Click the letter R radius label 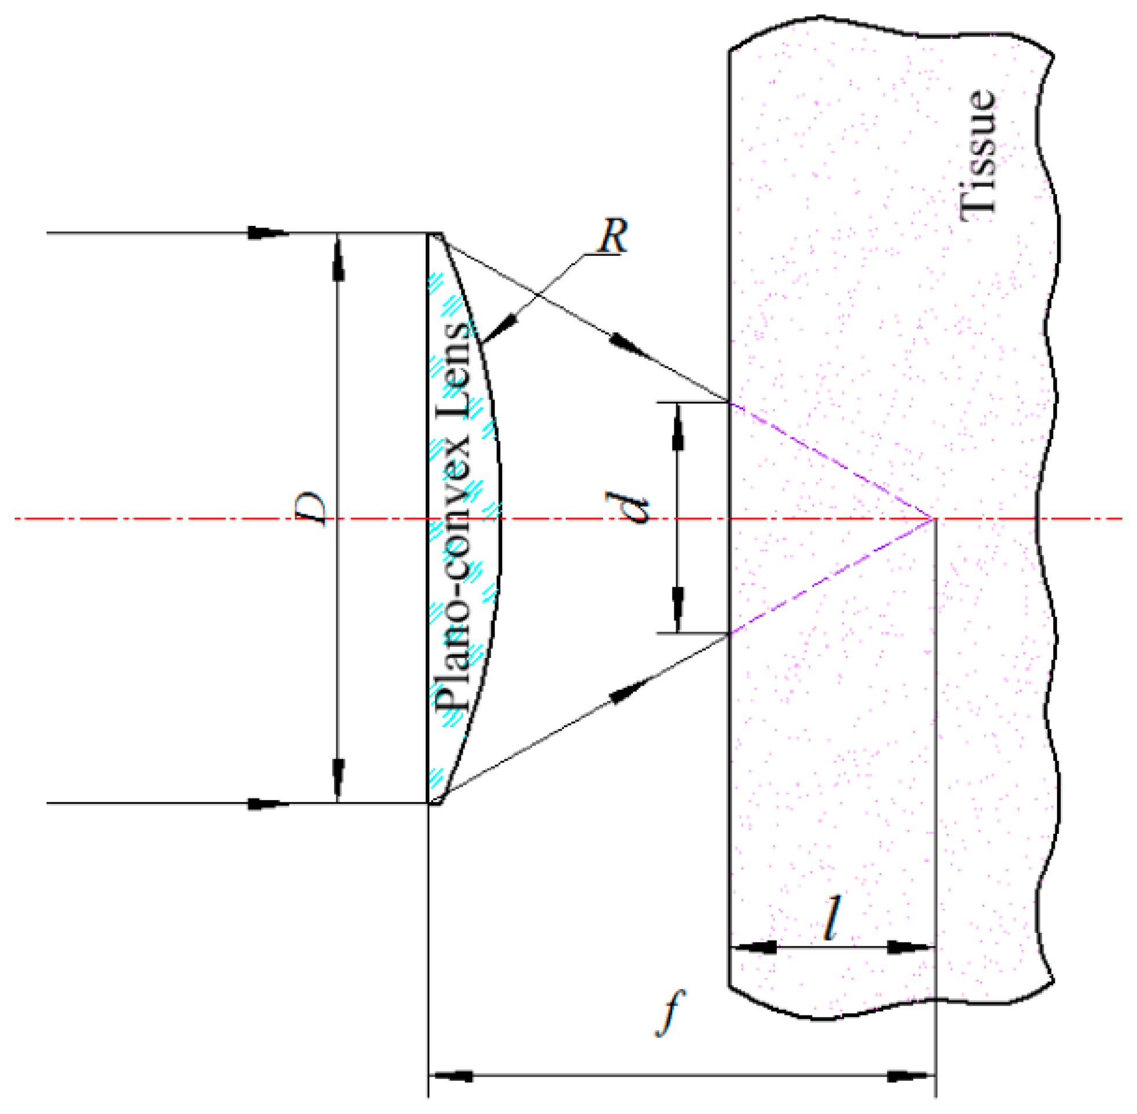click(612, 237)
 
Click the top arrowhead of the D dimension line click(338, 261)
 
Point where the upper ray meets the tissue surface click(729, 402)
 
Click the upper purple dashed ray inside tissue click(831, 460)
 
